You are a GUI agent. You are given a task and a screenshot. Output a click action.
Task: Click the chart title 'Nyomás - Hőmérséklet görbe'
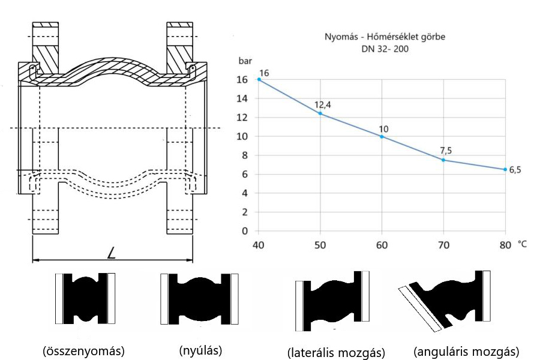pyautogui.click(x=381, y=38)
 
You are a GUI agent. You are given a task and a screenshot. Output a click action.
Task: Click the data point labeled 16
pyautogui.click(x=259, y=79)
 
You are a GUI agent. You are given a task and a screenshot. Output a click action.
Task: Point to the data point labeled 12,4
pyautogui.click(x=320, y=113)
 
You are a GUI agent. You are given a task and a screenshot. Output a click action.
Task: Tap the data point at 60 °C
pyautogui.click(x=382, y=137)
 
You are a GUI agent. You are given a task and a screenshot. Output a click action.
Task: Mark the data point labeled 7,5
pyautogui.click(x=443, y=160)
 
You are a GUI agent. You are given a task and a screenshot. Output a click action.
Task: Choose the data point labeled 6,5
pyautogui.click(x=505, y=169)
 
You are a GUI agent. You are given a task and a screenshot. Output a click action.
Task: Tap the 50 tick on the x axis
pyautogui.click(x=320, y=245)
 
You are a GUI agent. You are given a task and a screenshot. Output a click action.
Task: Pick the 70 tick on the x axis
pyautogui.click(x=443, y=245)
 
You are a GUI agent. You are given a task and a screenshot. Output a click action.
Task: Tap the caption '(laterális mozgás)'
pyautogui.click(x=336, y=351)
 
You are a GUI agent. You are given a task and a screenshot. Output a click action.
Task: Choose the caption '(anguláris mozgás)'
pyautogui.click(x=466, y=351)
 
